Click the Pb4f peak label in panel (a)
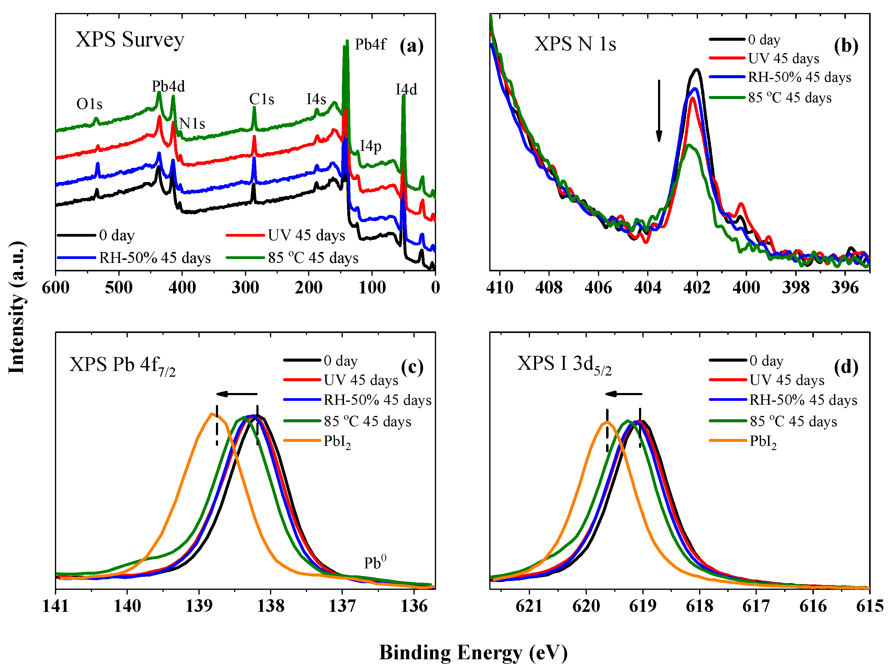pyautogui.click(x=370, y=44)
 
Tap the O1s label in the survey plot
pyautogui.click(x=89, y=104)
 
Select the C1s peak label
pyautogui.click(x=262, y=99)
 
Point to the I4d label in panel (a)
pyautogui.click(x=406, y=89)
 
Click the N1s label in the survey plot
pyautogui.click(x=192, y=123)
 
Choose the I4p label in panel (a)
pyautogui.click(x=371, y=146)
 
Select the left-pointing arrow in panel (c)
pyautogui.click(x=236, y=394)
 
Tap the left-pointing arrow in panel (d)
pyautogui.click(x=623, y=394)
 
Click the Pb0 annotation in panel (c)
pyautogui.click(x=375, y=563)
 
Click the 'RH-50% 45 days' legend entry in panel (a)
pyautogui.click(x=155, y=257)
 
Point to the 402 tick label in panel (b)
pyautogui.click(x=697, y=287)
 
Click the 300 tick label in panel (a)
pyautogui.click(x=245, y=287)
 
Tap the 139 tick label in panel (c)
pyautogui.click(x=199, y=606)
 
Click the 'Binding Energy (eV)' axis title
pyautogui.click(x=473, y=653)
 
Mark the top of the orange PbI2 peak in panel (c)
pyautogui.click(x=211, y=413)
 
